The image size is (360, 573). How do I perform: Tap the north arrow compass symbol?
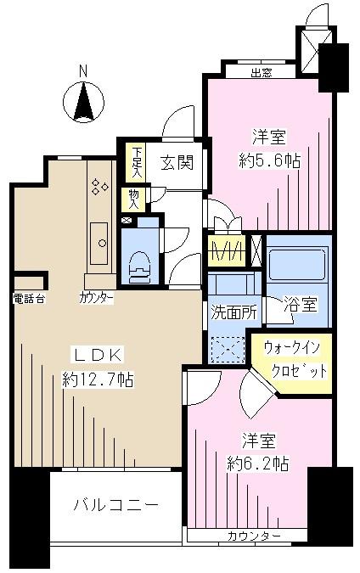[83, 102]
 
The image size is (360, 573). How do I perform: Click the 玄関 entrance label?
[179, 161]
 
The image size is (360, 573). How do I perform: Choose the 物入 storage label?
[134, 198]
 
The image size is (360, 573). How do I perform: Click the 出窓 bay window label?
[262, 73]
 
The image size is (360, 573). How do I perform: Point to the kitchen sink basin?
[98, 236]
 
